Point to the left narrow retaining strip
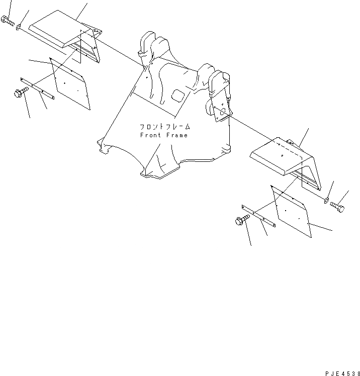[37, 87]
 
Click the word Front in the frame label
[151, 135]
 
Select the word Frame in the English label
[177, 135]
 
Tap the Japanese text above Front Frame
[163, 127]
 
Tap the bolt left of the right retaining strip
[241, 220]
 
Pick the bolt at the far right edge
[339, 207]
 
